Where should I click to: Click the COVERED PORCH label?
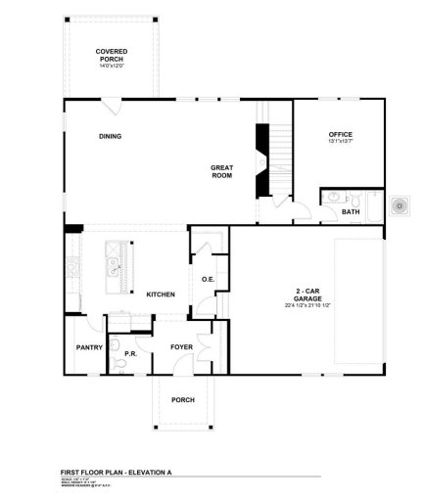coord(111,55)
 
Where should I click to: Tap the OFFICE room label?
coord(340,134)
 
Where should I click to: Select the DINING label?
coord(110,136)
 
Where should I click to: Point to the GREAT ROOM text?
coord(221,172)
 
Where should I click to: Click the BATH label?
coord(350,211)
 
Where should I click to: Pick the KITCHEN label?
coord(161,295)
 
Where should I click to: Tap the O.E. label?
coord(208,280)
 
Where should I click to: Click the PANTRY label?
coord(90,346)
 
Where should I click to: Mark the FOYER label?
coord(181,346)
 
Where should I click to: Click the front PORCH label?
coord(183,399)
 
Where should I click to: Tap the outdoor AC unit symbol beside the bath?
coord(400,205)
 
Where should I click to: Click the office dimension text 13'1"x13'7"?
coord(340,142)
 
